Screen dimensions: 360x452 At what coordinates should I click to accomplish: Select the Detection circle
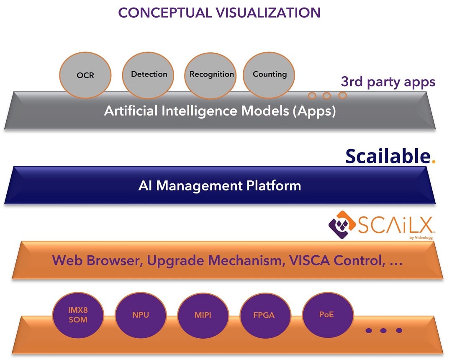click(x=149, y=75)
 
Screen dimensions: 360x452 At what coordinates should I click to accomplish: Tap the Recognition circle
click(x=211, y=75)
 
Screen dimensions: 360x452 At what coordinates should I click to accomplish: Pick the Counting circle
click(x=270, y=75)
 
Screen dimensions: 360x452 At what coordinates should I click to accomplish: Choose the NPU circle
click(x=141, y=315)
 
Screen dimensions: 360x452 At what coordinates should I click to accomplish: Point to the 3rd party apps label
click(x=388, y=82)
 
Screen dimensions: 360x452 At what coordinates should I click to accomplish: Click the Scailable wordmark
click(x=388, y=156)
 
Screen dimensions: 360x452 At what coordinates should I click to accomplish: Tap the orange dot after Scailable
click(x=433, y=161)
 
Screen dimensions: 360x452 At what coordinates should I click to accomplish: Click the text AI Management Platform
click(x=220, y=185)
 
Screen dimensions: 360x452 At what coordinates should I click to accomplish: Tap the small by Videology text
click(x=421, y=238)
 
